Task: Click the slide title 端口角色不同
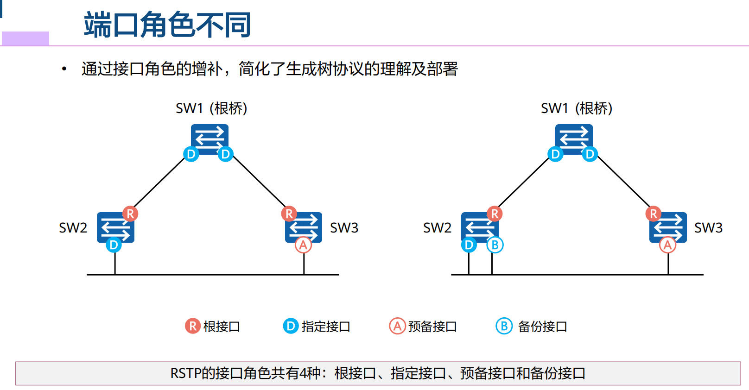(x=167, y=25)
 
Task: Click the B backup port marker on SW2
(x=495, y=245)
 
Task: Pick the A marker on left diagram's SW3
(x=304, y=245)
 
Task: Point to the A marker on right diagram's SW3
(x=668, y=245)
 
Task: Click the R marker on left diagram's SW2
(x=130, y=214)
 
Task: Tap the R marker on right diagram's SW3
(x=654, y=214)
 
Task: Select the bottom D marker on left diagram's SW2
(x=114, y=245)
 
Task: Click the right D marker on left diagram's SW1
(x=225, y=154)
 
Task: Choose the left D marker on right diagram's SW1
(x=555, y=154)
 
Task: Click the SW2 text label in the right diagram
(x=437, y=228)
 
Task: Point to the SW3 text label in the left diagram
(x=344, y=228)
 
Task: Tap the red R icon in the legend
(x=192, y=326)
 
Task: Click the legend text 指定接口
(x=326, y=327)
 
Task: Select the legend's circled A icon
(x=397, y=326)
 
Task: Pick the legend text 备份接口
(x=542, y=327)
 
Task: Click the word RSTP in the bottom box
(x=186, y=373)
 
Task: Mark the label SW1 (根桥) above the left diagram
(x=211, y=108)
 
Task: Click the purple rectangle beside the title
(x=25, y=38)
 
